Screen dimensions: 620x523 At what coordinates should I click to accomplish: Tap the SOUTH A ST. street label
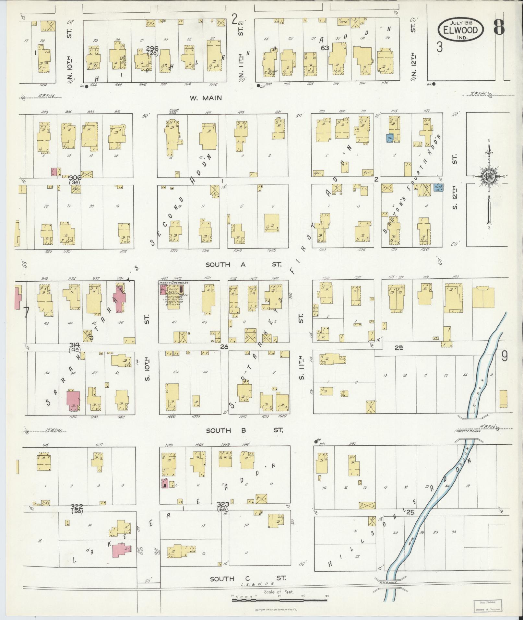pos(244,265)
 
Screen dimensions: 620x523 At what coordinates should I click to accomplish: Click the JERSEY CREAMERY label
pos(173,283)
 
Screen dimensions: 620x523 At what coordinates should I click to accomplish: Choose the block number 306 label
pos(75,177)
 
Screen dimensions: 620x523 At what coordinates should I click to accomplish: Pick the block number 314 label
pos(75,345)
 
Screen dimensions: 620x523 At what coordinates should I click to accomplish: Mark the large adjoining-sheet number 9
pos(504,356)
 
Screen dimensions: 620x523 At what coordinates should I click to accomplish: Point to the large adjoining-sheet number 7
pos(27,313)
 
